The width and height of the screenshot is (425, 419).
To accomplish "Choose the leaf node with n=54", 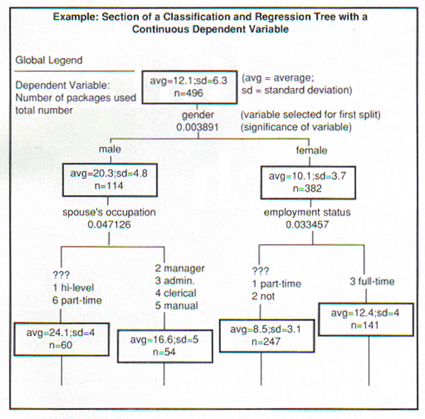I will click(164, 346).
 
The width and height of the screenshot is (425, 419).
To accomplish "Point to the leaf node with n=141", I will click(365, 319).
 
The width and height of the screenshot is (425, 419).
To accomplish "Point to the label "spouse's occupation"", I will click(110, 212).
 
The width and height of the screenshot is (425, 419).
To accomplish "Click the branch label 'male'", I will click(110, 150).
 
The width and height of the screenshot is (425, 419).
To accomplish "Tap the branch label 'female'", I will click(312, 150).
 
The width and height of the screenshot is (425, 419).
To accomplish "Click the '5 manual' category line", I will click(176, 305).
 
